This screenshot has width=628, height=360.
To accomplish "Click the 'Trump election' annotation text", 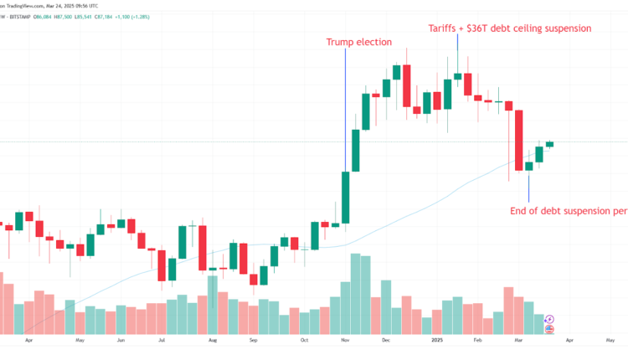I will tap(358, 42).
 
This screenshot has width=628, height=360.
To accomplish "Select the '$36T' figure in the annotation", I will tap(482, 28).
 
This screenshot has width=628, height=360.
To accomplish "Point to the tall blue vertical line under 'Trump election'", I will tap(346, 109).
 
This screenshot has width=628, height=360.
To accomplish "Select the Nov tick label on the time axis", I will tap(344, 342).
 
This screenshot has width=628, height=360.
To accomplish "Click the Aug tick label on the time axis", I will tap(213, 342).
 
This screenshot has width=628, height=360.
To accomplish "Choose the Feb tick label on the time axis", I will tap(478, 342).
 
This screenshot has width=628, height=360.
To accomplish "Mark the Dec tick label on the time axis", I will tap(386, 342).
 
